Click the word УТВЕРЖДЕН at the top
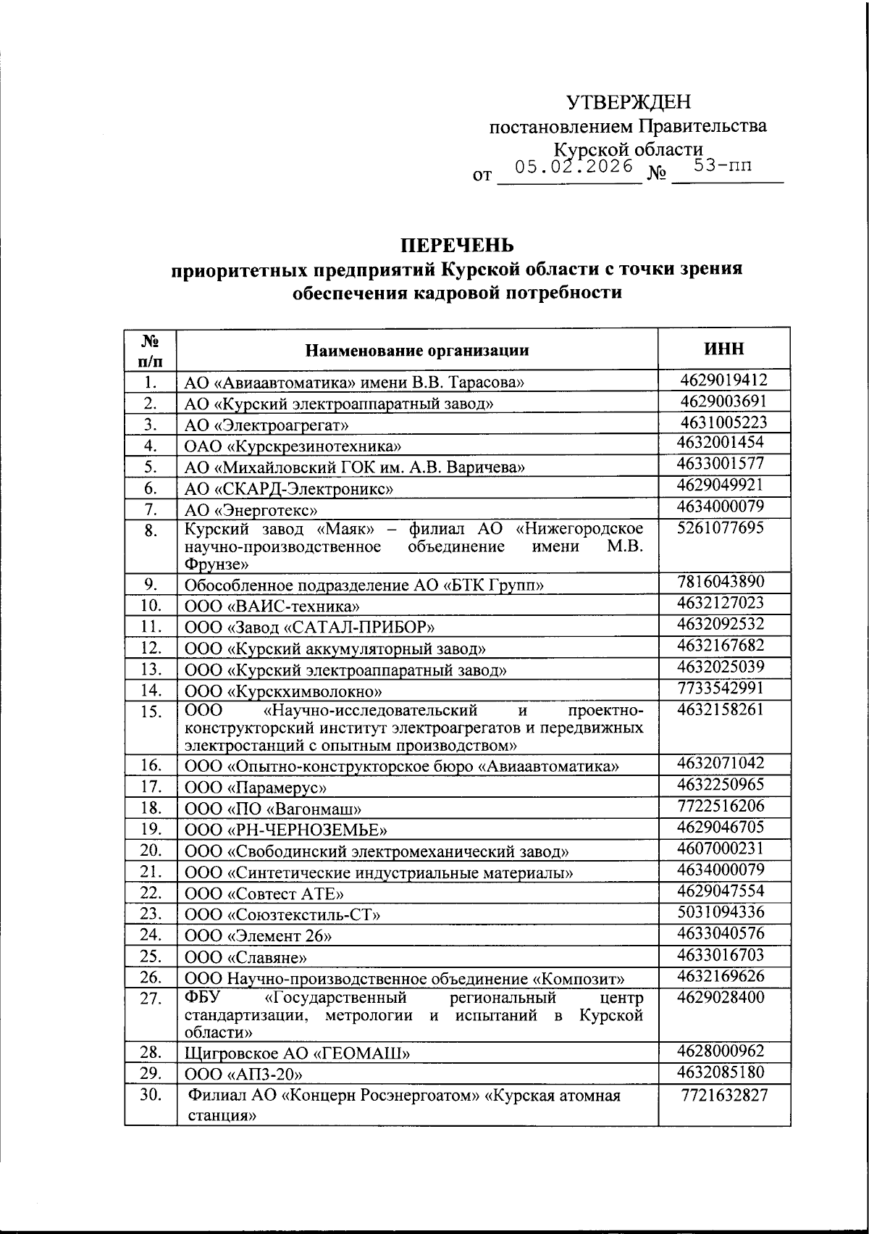click(x=628, y=102)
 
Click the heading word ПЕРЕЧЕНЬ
click(x=457, y=244)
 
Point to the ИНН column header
click(x=723, y=349)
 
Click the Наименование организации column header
click(x=416, y=351)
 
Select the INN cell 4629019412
click(x=723, y=380)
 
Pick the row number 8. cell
click(x=150, y=532)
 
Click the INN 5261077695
click(x=721, y=528)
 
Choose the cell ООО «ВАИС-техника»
click(x=272, y=606)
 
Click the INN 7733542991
click(x=721, y=688)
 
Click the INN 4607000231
click(x=721, y=848)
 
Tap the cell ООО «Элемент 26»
click(x=259, y=935)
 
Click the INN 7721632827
click(x=723, y=1096)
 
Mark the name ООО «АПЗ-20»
click(x=244, y=1075)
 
